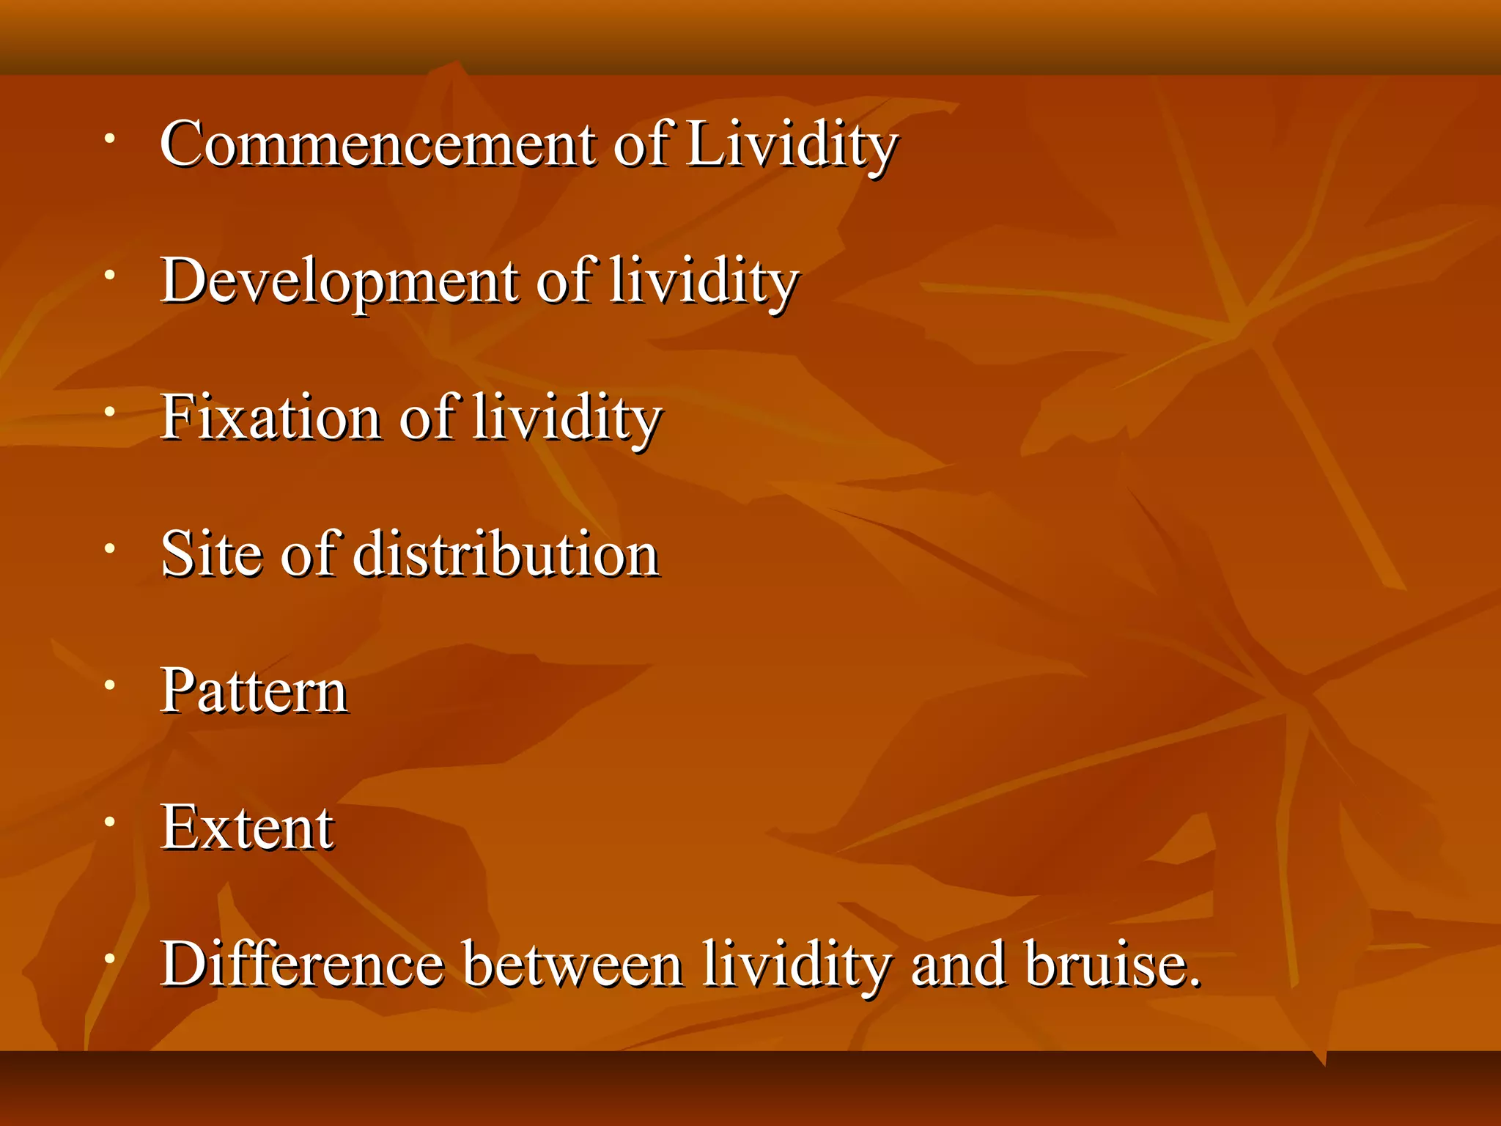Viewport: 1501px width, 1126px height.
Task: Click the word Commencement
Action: (x=377, y=144)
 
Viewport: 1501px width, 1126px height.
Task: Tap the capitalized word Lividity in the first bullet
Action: (x=792, y=144)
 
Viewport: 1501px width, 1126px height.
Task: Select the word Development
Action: (x=339, y=281)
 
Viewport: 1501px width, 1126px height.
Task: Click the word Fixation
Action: (x=270, y=418)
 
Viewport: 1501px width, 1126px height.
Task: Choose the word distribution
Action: (x=506, y=554)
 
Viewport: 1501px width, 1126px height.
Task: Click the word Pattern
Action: (x=254, y=691)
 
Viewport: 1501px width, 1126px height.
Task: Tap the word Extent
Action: (x=247, y=828)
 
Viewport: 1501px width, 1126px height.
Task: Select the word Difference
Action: (x=303, y=964)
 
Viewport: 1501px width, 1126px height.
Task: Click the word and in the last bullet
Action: (x=957, y=964)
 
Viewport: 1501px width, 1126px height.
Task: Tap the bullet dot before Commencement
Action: (x=109, y=139)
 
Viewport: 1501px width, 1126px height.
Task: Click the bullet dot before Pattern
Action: (x=109, y=685)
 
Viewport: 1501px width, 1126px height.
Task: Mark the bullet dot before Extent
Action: (x=109, y=822)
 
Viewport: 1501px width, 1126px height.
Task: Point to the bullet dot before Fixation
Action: (x=109, y=412)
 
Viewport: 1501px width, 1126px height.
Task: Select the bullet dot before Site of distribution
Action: (x=109, y=548)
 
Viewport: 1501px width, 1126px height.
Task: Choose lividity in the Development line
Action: (x=704, y=281)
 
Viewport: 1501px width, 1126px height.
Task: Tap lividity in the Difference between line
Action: (x=796, y=964)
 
